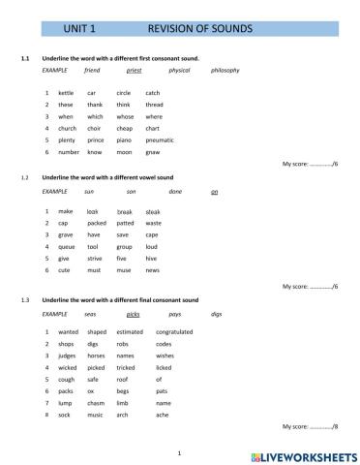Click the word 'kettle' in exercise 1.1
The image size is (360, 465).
click(65, 92)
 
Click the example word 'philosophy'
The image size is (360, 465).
click(225, 71)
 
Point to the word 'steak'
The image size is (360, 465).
click(153, 211)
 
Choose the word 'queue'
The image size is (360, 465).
click(66, 247)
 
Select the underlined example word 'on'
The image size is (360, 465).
click(214, 192)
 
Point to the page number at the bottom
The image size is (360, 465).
click(180, 451)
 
